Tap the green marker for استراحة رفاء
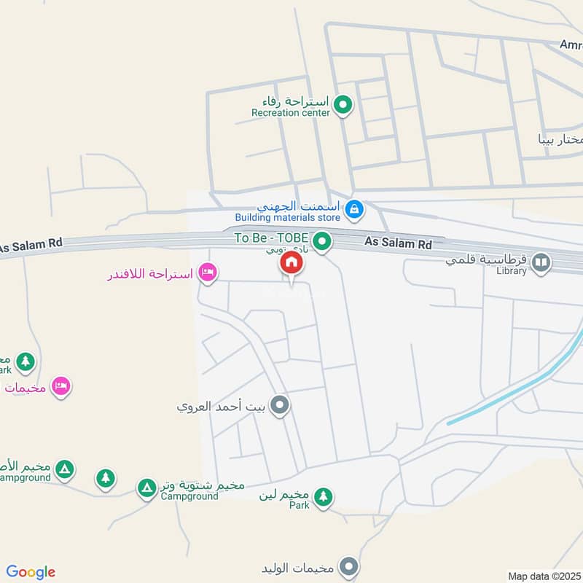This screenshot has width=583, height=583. pyautogui.click(x=343, y=106)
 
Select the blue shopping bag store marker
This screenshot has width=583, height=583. pyautogui.click(x=354, y=210)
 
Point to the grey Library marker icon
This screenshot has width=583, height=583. pyautogui.click(x=541, y=262)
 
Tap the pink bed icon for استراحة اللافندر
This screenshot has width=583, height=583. pyautogui.click(x=208, y=273)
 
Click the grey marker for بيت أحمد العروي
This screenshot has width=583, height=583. pyautogui.click(x=279, y=406)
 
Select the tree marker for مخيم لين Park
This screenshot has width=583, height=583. pyautogui.click(x=323, y=498)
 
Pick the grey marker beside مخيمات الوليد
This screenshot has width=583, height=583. pyautogui.click(x=351, y=567)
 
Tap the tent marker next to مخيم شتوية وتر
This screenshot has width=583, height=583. pyautogui.click(x=147, y=487)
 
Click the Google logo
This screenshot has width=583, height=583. pyautogui.click(x=31, y=572)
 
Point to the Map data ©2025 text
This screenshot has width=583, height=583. pyautogui.click(x=545, y=576)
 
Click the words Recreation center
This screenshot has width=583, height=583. pyautogui.click(x=291, y=113)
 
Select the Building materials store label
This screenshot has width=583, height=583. pyautogui.click(x=287, y=217)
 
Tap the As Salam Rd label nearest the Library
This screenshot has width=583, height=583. pyautogui.click(x=403, y=243)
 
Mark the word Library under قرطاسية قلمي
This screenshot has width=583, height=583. pyautogui.click(x=511, y=271)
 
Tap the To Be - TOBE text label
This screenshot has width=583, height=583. pyautogui.click(x=270, y=238)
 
